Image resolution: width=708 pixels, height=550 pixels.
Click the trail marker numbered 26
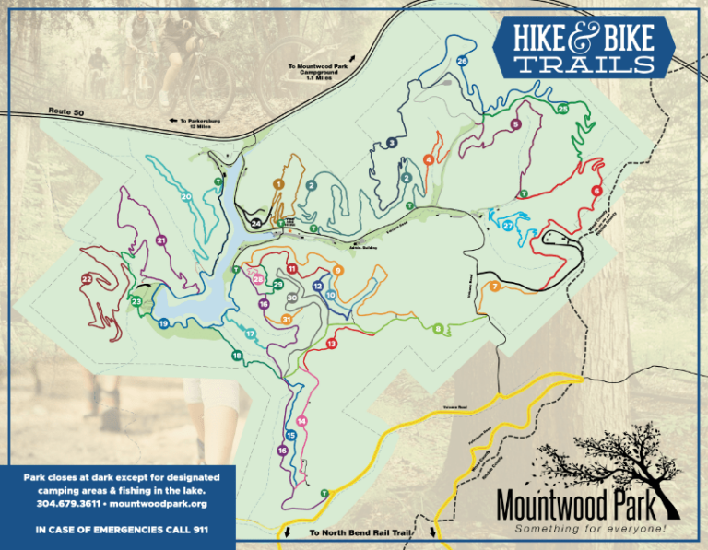pos(462,61)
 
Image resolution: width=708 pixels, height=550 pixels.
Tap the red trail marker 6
pos(597,191)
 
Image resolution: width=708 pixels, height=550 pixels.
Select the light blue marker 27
pos(508,226)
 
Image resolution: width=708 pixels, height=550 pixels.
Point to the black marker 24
pos(255,223)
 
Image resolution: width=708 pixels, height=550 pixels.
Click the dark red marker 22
pos(87,278)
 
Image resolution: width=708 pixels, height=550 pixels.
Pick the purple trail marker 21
pos(161,240)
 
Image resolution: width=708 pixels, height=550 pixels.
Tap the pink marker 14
pos(301,421)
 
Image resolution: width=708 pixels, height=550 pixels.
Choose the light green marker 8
pos(437,328)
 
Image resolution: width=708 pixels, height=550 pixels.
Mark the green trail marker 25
pos(562,109)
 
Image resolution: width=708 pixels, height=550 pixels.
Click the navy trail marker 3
pos(392,143)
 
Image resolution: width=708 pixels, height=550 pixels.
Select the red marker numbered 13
pos(331,344)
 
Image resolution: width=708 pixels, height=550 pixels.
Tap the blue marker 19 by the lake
pos(163,323)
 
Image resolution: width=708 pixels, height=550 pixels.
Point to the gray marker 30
pos(291,298)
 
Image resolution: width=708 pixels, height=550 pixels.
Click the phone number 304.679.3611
pos(73,504)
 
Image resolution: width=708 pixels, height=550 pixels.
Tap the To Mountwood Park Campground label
pos(319,71)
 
